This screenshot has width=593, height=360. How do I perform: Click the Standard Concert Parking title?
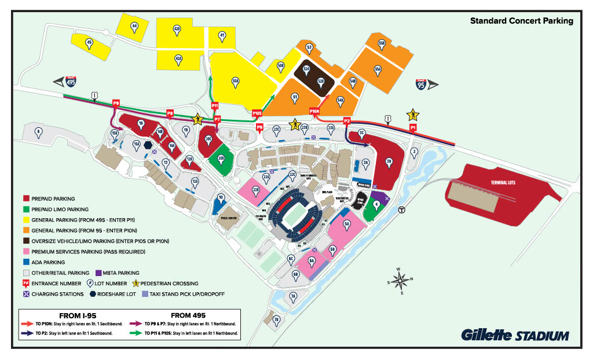[521, 21]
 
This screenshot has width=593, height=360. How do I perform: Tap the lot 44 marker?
[134, 26]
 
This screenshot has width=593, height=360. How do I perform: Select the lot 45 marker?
[89, 42]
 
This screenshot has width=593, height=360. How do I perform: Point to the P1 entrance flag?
[413, 126]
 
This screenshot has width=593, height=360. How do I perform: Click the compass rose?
[399, 281]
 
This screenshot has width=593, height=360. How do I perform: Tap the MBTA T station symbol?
[401, 211]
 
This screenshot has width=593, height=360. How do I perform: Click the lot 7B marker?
[276, 319]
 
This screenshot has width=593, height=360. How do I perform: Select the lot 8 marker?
[38, 131]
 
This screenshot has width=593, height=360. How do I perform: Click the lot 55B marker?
[382, 43]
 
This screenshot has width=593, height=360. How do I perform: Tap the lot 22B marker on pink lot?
[255, 188]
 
